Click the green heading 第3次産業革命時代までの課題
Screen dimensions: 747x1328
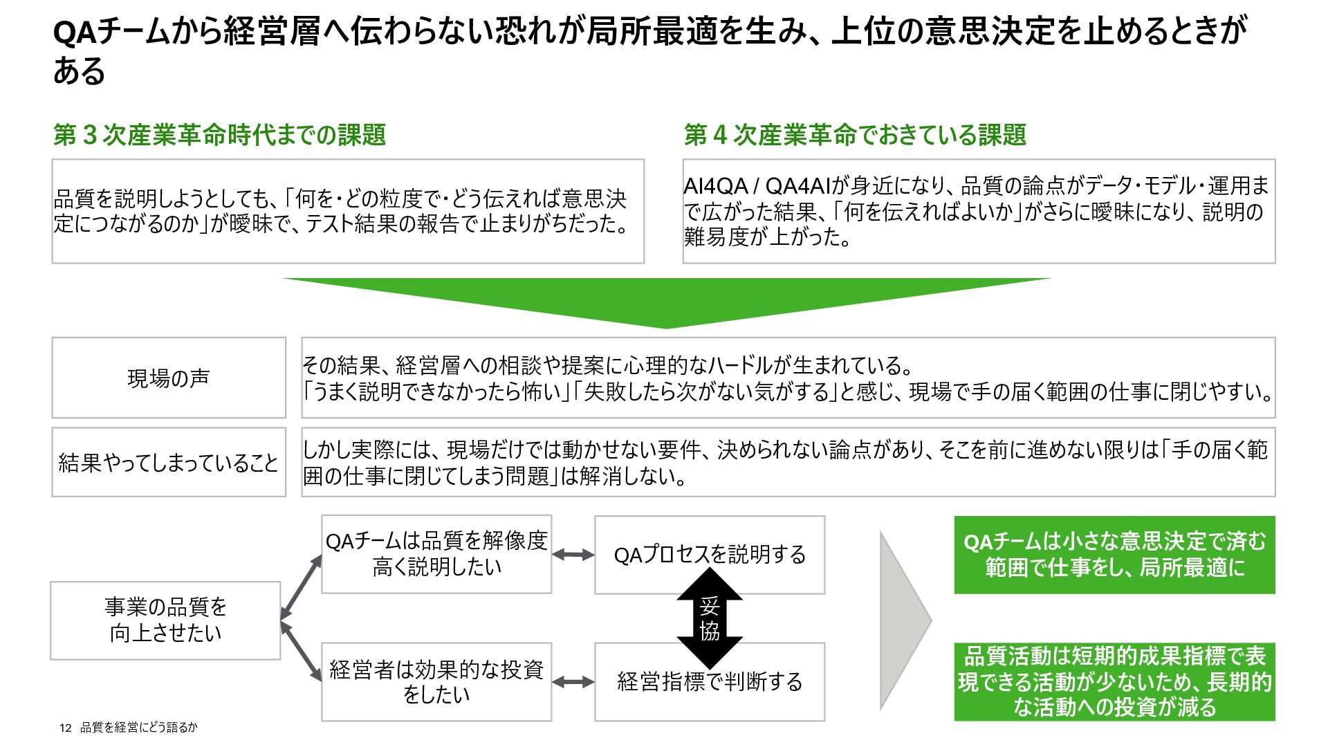[219, 135]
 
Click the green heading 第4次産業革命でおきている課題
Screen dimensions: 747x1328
[855, 135]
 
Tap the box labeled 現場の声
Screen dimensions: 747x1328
[169, 378]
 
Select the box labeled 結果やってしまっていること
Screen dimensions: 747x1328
[169, 462]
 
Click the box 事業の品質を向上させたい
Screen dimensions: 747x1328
[165, 620]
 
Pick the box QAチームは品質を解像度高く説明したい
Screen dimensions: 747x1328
[436, 554]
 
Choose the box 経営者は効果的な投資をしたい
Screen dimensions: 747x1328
[436, 682]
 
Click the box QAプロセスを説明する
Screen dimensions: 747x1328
[710, 555]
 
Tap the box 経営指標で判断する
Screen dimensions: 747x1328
[710, 682]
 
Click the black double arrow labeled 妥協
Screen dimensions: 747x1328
[710, 618]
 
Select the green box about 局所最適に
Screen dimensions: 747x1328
[1114, 555]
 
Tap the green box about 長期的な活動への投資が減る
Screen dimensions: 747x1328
[1114, 682]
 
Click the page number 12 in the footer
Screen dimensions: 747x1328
[66, 728]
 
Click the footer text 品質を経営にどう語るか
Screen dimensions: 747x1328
[139, 728]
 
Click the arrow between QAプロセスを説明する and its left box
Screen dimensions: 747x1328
[573, 555]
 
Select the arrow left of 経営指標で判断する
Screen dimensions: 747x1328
[573, 682]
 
